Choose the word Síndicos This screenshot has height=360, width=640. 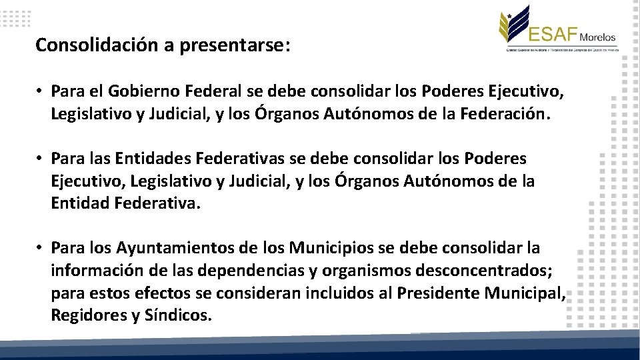[x=178, y=315]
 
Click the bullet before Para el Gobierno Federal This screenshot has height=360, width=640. [x=40, y=91]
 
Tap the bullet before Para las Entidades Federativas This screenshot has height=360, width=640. [x=40, y=159]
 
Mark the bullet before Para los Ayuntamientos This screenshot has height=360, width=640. [x=40, y=249]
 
